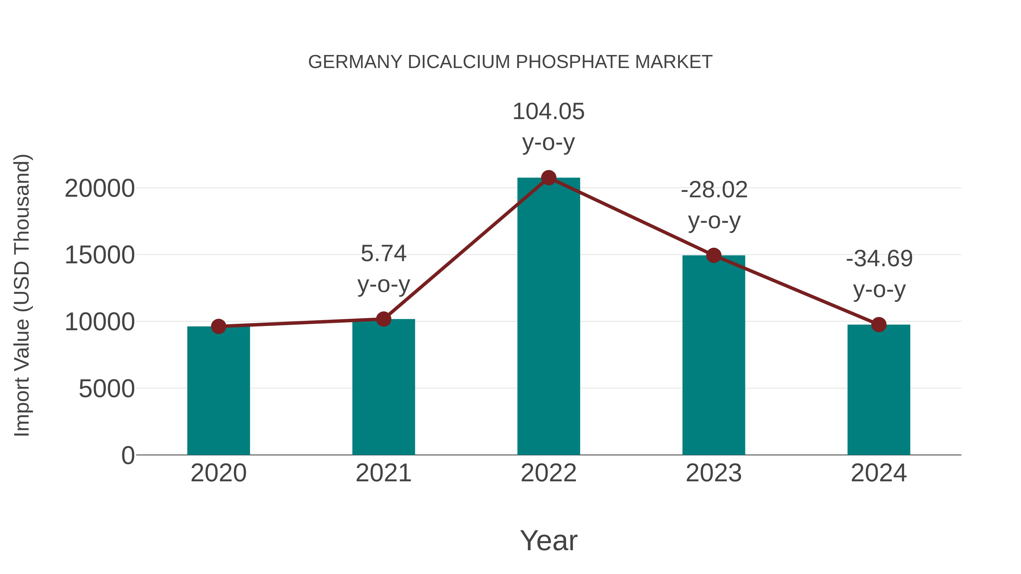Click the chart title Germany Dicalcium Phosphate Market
(510, 62)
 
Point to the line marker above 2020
(218, 327)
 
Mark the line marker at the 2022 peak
(549, 177)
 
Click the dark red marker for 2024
(879, 325)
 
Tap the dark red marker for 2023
(714, 255)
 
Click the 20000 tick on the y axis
(100, 188)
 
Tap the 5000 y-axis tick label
(107, 389)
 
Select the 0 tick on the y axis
(128, 456)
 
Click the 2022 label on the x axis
(549, 473)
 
